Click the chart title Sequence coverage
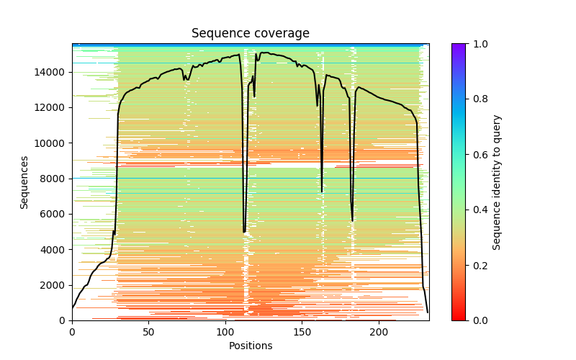tap(250, 34)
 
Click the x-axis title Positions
tap(250, 346)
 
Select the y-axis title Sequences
tap(24, 182)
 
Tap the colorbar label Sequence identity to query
tap(497, 182)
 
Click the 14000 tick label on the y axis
tap(52, 72)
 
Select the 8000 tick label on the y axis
tap(55, 179)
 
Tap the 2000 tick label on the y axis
tap(55, 285)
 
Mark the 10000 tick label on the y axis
tap(52, 143)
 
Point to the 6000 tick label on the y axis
tap(55, 214)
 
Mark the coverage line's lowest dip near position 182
tap(352, 221)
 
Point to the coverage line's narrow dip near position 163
tap(322, 192)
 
